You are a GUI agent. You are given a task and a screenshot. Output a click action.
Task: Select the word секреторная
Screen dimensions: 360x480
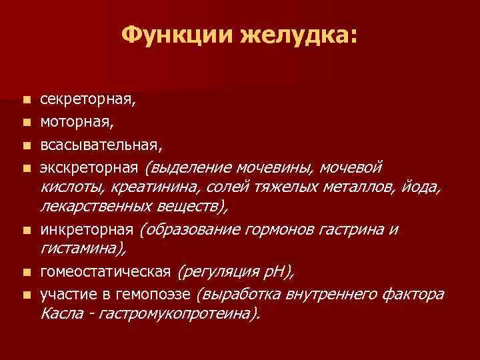coord(87,100)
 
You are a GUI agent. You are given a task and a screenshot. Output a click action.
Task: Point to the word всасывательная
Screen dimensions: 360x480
coord(100,143)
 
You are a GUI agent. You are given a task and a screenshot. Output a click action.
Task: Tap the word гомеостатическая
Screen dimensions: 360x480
coord(106,272)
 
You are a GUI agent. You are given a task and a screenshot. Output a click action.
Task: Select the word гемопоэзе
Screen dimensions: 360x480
coord(162,293)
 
